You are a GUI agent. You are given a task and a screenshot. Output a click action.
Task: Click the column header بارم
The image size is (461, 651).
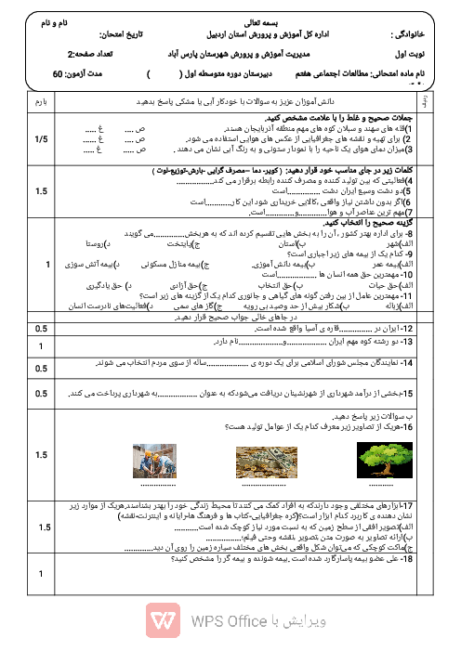click(x=38, y=98)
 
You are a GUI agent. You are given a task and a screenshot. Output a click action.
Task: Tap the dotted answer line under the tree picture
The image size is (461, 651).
click(x=378, y=485)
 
